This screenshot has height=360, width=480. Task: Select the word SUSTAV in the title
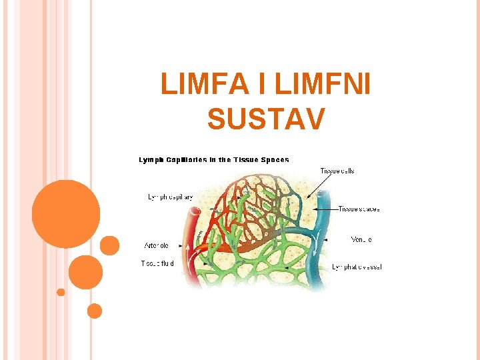coord(266,119)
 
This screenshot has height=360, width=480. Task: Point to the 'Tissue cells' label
coord(337,171)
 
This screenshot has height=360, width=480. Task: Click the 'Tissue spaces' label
coord(359,209)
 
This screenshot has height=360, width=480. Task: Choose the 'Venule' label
coord(361,239)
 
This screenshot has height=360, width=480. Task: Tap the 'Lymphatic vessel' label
coord(357,267)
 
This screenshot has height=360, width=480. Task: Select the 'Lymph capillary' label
coord(170,197)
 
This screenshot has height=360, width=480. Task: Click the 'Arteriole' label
coord(156,245)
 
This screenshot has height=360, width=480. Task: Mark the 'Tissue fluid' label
coord(157,263)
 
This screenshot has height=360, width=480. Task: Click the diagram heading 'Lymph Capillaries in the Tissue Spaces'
coord(214,160)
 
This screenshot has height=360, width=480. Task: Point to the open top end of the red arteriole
coord(195,213)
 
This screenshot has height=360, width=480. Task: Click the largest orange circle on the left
coord(66,214)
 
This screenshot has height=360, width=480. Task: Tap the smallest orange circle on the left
coord(61,292)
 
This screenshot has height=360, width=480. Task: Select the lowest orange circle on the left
coord(95,311)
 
